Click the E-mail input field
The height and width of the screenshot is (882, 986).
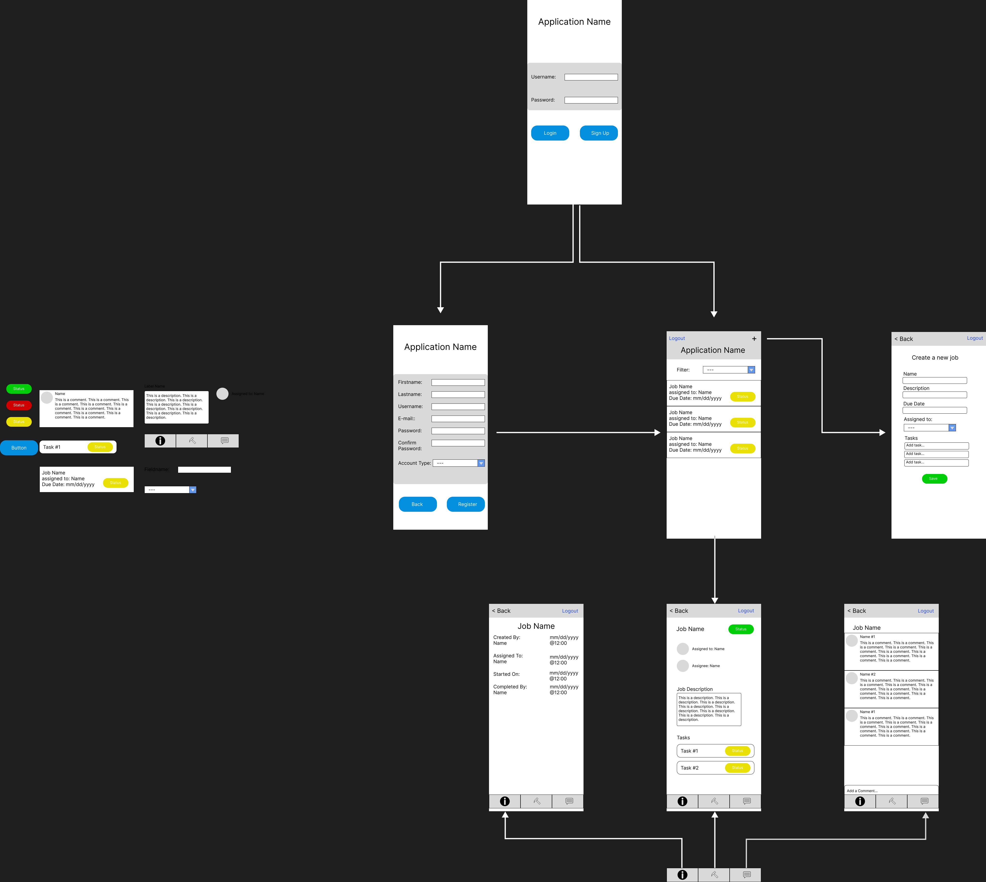pyautogui.click(x=458, y=419)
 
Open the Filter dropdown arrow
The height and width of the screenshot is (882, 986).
pyautogui.click(x=751, y=370)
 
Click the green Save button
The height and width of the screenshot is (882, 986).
pyautogui.click(x=934, y=479)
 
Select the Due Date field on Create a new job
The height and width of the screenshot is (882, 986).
pyautogui.click(x=935, y=410)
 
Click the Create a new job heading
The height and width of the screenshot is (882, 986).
pyautogui.click(x=935, y=358)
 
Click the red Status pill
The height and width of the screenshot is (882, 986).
pyautogui.click(x=19, y=405)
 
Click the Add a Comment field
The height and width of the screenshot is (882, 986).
pyautogui.click(x=891, y=790)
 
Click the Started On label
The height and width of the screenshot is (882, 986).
pyautogui.click(x=506, y=674)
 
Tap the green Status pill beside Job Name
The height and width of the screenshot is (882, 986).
pyautogui.click(x=741, y=629)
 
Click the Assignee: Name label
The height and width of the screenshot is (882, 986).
pyautogui.click(x=705, y=666)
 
